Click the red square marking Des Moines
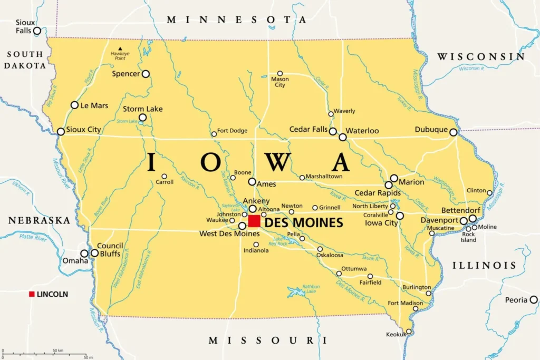254,221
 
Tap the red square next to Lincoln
32,294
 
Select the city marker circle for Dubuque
454,132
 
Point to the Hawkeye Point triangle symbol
120,48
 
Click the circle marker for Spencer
146,74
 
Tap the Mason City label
279,82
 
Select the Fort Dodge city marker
214,134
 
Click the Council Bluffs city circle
94,253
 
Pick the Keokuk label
396,334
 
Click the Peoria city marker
534,300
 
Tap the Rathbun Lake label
312,289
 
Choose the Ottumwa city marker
339,273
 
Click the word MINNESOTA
237,20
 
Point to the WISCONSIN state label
480,56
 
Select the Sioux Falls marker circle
37,31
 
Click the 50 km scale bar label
57,351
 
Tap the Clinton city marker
489,193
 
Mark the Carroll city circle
164,176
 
